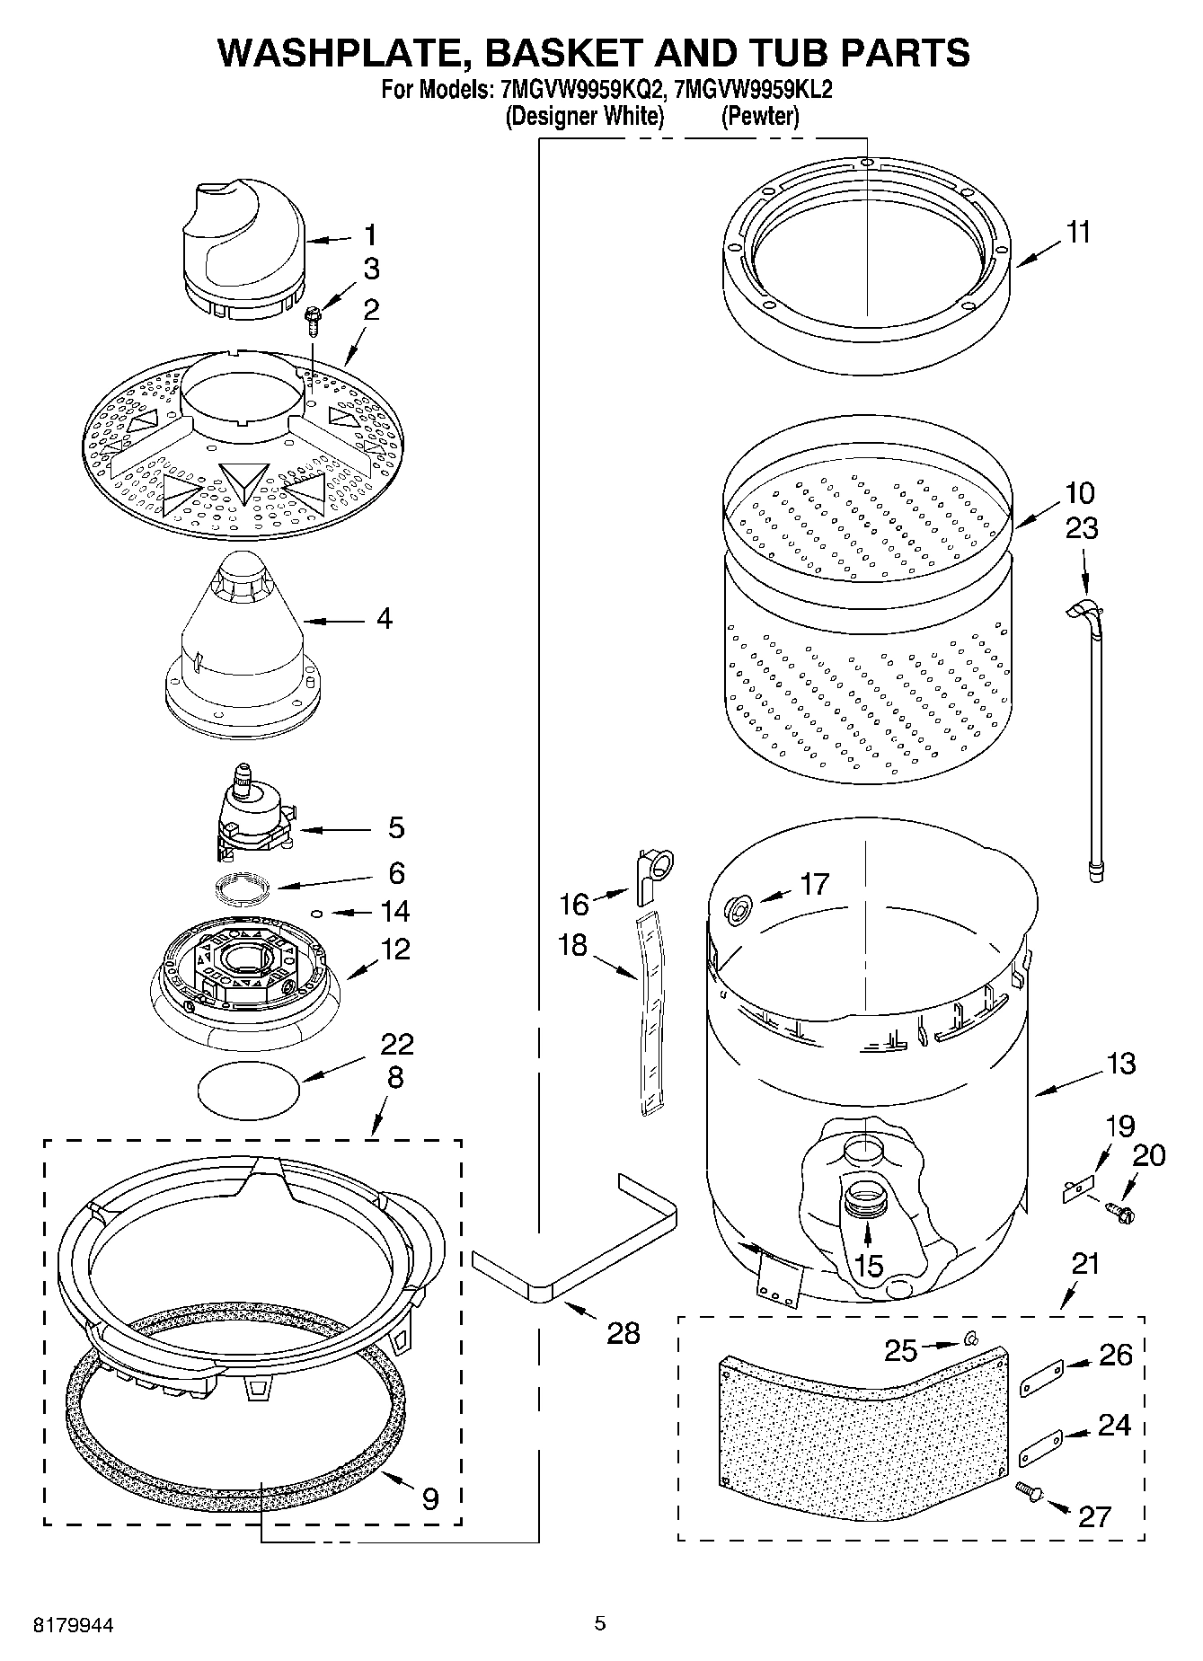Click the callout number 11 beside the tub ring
(x=1078, y=232)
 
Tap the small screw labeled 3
(x=314, y=318)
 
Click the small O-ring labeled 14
(x=316, y=913)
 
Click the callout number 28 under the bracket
(x=623, y=1332)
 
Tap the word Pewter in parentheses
(x=760, y=116)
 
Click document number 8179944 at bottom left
(x=74, y=1624)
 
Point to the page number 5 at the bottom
(x=600, y=1623)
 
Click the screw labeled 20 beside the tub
(x=1122, y=1213)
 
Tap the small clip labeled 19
(x=1076, y=1189)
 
